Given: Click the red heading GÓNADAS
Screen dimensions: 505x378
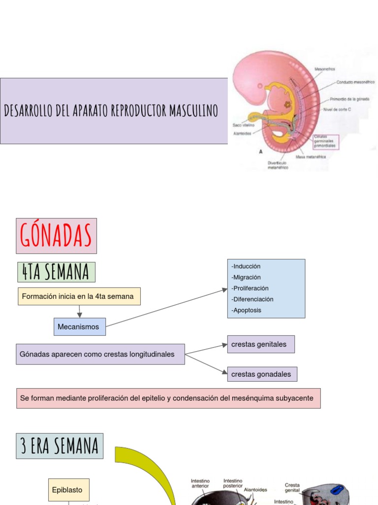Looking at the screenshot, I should pos(56,236).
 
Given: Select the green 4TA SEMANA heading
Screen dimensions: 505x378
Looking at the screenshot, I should pos(55,272).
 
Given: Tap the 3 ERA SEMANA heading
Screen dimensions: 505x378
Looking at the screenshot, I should pos(60,446).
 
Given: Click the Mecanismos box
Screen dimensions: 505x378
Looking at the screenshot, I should pos(79,326).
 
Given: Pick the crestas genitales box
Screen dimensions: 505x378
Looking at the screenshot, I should pos(260,344).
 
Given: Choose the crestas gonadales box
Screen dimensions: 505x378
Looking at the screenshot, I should pos(261,374).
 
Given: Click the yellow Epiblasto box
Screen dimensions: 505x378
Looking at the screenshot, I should pos(68,490).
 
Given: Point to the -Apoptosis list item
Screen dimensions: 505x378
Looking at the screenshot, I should pos(247,310).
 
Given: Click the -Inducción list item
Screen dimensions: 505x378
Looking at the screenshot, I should pos(246,266).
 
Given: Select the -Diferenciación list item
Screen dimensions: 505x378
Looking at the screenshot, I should pos(252,299).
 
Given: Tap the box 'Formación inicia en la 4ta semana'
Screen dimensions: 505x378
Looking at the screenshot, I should pos(79,296).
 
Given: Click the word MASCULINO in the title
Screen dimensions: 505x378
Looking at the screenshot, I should pos(193,111).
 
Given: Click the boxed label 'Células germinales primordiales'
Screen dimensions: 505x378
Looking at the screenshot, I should pos(325,142).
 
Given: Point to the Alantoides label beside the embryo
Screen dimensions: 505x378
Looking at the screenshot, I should pos(242,133).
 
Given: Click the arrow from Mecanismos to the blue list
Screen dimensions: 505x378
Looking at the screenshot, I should pos(166,308).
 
